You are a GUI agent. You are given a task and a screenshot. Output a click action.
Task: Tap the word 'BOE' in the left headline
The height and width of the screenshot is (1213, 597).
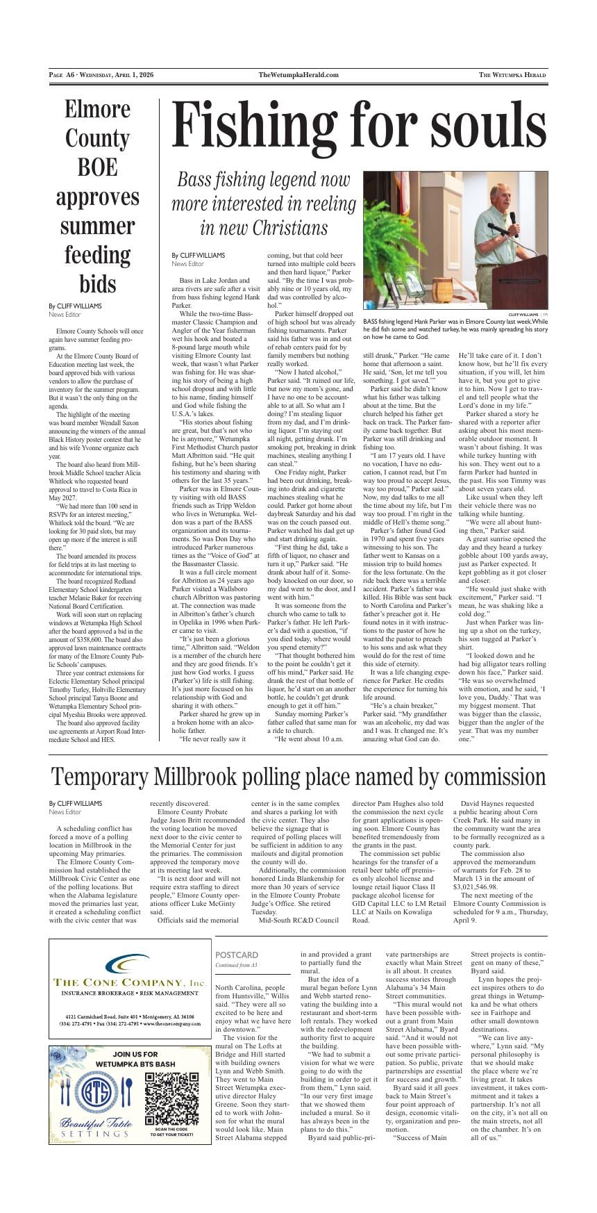97,167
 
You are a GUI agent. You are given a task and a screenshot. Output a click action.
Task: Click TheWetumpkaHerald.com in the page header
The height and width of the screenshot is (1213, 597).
298,75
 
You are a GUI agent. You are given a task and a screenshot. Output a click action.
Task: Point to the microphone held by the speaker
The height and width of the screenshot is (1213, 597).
513,221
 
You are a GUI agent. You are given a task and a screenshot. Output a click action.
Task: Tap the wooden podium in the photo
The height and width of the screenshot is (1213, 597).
521,281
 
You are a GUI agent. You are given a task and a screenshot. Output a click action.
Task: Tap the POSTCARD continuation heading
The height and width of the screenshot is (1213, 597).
237,955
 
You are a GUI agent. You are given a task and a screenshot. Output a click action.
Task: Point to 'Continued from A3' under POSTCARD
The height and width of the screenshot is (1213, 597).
236,966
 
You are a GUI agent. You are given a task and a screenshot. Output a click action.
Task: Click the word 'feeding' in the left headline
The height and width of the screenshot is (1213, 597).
97,255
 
